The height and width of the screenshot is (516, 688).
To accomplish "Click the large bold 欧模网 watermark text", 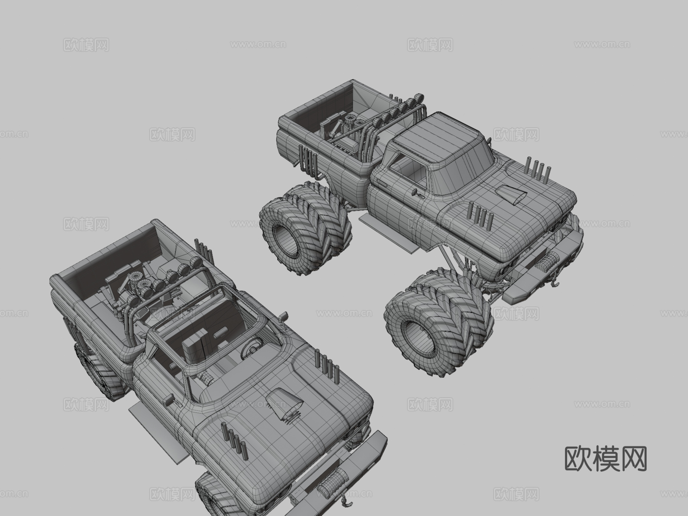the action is [606, 459].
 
